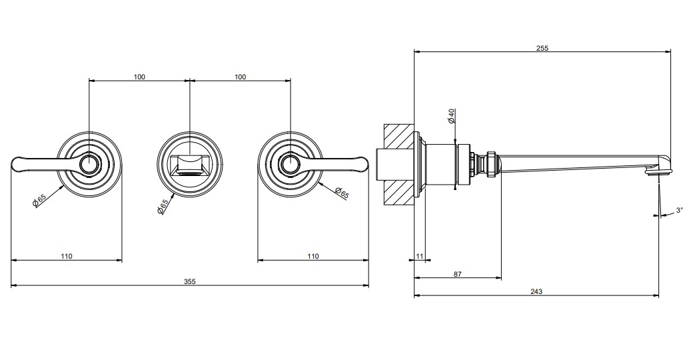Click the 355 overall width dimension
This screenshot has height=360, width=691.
189,281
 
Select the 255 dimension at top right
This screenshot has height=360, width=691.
542,48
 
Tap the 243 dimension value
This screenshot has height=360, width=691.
536,291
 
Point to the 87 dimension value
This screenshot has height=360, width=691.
457,274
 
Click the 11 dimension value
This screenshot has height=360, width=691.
419,256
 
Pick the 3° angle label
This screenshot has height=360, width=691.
679,211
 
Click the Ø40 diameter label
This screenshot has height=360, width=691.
451,115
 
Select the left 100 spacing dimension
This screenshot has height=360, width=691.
139,77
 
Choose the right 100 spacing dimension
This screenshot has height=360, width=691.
240,77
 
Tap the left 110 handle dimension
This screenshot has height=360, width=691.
66,256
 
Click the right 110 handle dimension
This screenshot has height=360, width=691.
313,256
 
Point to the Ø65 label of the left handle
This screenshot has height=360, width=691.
39,200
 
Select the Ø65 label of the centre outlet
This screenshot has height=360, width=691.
163,207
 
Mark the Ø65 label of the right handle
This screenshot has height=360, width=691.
342,193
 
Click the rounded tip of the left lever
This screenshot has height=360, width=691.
14,165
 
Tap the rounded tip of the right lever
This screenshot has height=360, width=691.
364,163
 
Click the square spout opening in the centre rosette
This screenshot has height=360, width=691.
190,165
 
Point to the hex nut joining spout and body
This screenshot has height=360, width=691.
492,163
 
